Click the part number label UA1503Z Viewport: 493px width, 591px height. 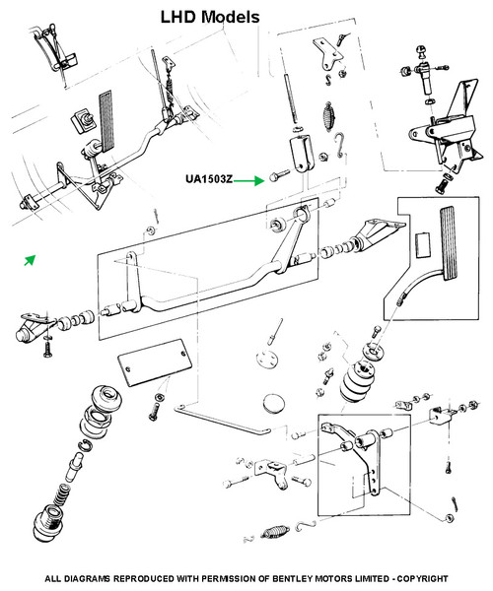[209, 179]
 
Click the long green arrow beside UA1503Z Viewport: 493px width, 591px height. [248, 181]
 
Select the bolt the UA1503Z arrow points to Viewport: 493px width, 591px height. [279, 175]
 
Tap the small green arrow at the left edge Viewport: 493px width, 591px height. [30, 260]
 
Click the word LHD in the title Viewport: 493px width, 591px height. [178, 17]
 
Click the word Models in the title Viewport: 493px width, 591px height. [230, 17]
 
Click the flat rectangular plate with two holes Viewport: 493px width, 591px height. [155, 362]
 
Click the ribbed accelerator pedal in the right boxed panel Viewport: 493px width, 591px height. [449, 242]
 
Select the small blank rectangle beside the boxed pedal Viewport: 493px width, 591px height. [422, 245]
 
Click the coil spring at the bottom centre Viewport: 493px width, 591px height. [275, 532]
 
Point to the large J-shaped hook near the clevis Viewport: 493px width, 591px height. [340, 145]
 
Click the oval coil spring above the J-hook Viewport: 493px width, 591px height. [328, 116]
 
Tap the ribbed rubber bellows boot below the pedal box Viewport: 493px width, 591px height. [357, 381]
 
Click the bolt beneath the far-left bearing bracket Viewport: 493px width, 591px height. [46, 347]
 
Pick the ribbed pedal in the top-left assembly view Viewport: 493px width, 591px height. [106, 120]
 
